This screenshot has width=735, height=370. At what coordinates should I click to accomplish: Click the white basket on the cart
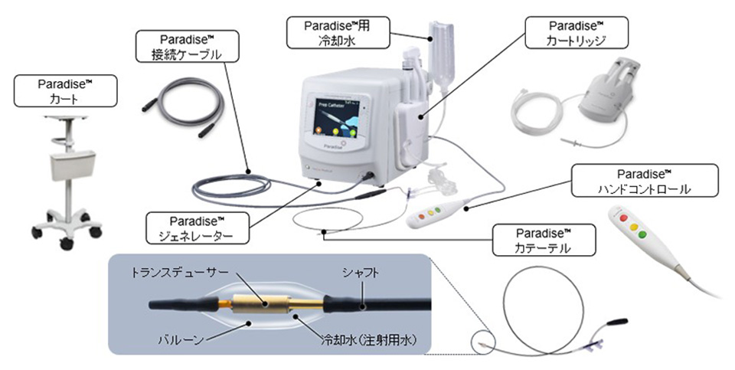pyautogui.click(x=67, y=167)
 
